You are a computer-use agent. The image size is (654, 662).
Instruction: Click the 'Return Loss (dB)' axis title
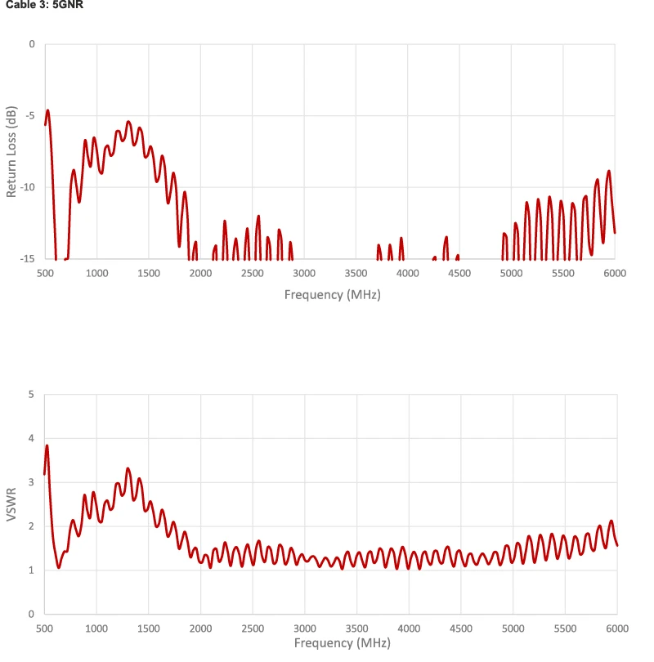coord(11,151)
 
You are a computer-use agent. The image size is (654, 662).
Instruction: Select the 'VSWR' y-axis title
coord(11,504)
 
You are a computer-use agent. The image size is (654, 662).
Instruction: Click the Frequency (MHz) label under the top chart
coord(332,294)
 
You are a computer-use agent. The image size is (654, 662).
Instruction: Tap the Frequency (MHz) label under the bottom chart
coord(332,643)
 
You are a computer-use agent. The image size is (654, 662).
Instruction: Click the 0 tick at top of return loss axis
coord(32,43)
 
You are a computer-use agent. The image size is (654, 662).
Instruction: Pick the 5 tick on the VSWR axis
coord(32,395)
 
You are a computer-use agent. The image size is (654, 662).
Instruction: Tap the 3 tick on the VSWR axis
coord(32,482)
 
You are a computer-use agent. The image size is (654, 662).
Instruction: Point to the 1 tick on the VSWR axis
coord(32,570)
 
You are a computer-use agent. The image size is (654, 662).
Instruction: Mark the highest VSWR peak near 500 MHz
coord(47,446)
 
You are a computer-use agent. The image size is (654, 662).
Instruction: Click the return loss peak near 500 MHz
coord(47,110)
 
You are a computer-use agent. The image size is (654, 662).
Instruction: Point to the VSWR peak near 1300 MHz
coord(128,469)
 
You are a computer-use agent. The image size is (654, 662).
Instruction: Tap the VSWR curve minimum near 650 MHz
coord(58,566)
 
